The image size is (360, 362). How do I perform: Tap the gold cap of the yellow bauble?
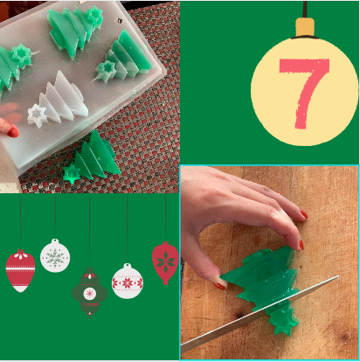[305, 27]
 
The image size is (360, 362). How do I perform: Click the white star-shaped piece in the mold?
[37, 116]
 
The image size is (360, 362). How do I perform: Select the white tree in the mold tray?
[59, 99]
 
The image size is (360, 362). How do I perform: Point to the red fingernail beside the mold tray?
[13, 132]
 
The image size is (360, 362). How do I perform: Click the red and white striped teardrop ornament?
[20, 271]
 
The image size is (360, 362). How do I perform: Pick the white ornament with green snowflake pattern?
[55, 255]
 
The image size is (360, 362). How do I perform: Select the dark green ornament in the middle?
[90, 292]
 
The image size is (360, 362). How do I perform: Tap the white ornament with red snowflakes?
[128, 282]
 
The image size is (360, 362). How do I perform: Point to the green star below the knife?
[283, 321]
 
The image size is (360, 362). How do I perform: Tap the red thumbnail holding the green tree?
[220, 286]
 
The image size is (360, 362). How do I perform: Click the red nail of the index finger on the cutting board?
[304, 214]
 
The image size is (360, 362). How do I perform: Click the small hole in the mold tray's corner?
[120, 21]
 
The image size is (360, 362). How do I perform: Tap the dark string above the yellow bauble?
[305, 10]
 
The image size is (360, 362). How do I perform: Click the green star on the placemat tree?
[72, 174]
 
